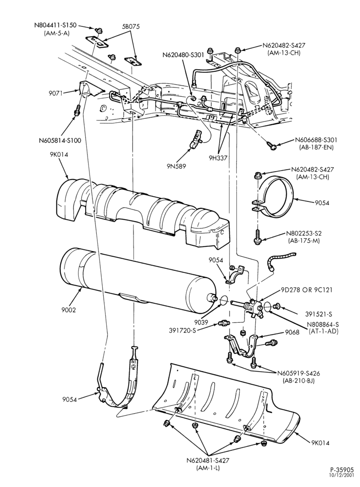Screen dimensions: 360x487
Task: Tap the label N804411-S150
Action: (55, 25)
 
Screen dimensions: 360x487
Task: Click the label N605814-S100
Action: (60, 140)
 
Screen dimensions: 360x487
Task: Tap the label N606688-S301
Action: (314, 140)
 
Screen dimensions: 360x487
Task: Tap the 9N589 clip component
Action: (195, 140)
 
